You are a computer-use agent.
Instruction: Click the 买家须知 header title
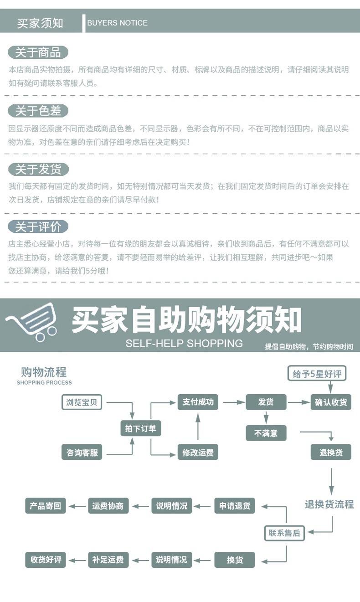click(40, 23)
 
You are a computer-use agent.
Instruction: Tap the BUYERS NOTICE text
click(117, 23)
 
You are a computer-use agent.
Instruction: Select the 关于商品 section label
click(38, 52)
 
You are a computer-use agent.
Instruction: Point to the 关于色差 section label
click(38, 111)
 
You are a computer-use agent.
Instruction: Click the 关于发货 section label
click(38, 170)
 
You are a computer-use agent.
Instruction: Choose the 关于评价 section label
click(38, 226)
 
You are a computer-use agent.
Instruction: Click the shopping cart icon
click(32, 321)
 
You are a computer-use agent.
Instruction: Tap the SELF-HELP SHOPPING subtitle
click(184, 343)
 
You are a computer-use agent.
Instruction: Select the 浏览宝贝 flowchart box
click(82, 402)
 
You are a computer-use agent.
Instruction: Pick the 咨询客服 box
click(82, 453)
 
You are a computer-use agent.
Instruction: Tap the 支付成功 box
click(198, 402)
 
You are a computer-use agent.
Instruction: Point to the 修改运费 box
click(198, 453)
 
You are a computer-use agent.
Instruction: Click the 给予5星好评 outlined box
click(317, 374)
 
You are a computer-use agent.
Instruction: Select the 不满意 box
click(266, 433)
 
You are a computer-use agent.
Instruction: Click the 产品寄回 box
click(45, 506)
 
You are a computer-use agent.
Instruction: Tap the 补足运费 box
click(108, 560)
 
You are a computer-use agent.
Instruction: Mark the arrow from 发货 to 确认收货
click(298, 402)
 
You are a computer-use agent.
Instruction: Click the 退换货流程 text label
click(329, 504)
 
